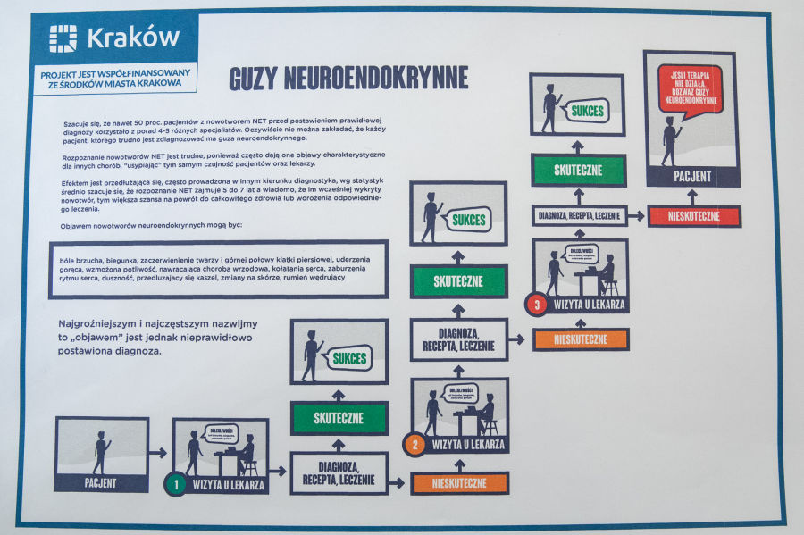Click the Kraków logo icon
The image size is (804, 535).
(63, 38)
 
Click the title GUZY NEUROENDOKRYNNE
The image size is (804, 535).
(348, 78)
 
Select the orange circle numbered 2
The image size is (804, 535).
(414, 444)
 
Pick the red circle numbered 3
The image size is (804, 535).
(536, 305)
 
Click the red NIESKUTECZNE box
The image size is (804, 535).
(694, 216)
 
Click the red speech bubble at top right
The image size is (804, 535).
(689, 88)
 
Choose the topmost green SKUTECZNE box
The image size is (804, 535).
(577, 170)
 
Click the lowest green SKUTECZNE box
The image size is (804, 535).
(339, 418)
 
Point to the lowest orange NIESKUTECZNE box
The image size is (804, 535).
(459, 483)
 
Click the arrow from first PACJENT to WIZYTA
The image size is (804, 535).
(159, 453)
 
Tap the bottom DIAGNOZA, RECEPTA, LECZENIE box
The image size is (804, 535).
(339, 473)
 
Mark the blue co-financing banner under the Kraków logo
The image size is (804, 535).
(113, 79)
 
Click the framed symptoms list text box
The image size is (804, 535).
(218, 268)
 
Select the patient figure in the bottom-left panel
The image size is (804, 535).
(100, 451)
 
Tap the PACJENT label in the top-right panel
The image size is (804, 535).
(691, 176)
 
